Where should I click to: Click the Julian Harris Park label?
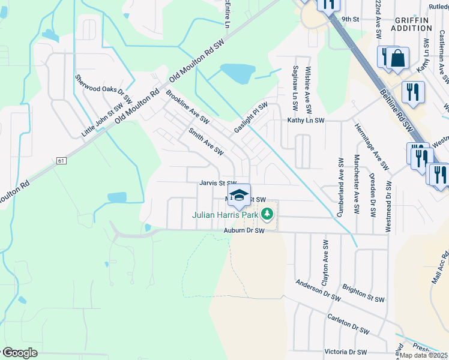[226, 214]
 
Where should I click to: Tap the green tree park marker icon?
[268, 213]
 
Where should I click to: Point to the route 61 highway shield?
[61, 161]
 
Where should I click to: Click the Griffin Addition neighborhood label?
[413, 24]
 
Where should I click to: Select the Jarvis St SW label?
[219, 184]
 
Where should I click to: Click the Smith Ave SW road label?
[205, 142]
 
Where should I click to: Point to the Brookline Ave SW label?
[187, 104]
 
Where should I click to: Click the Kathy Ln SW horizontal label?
[306, 121]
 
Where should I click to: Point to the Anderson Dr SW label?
[318, 290]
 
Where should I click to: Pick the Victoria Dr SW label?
[346, 352]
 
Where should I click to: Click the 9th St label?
[350, 19]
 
